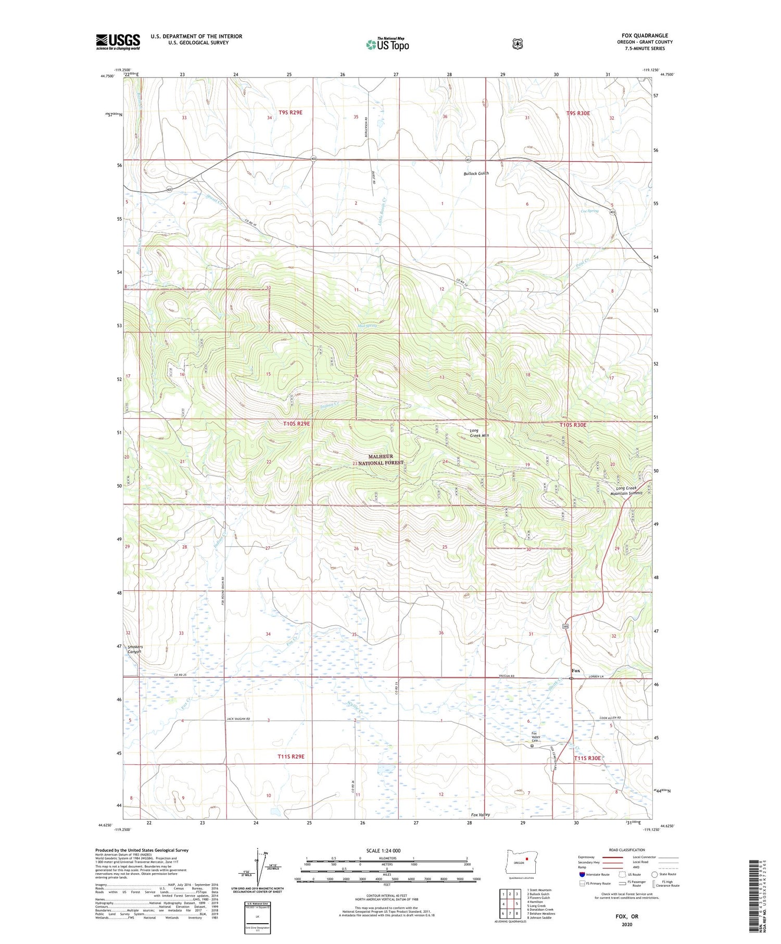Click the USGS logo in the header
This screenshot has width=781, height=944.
click(118, 42)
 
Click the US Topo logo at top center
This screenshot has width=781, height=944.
click(387, 44)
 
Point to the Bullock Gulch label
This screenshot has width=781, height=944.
click(476, 173)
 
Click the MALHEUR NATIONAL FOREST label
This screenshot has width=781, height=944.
click(381, 459)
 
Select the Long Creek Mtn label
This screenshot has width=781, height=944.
click(478, 433)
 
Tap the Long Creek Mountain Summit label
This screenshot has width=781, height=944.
click(629, 490)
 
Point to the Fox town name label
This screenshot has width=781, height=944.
click(575, 671)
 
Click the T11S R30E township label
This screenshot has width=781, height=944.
click(587, 758)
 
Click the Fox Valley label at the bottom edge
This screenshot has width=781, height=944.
click(480, 814)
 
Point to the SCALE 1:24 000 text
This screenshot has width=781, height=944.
click(383, 850)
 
